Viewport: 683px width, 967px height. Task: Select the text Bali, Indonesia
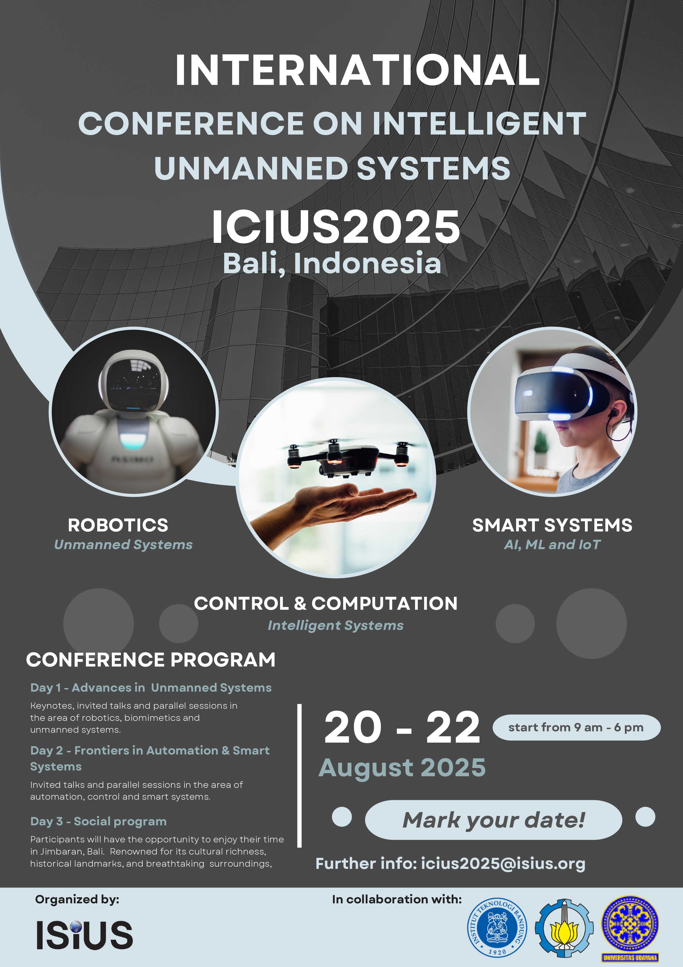pos(332,263)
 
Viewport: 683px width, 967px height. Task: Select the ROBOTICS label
pos(118,525)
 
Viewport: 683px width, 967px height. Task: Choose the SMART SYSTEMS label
pos(552,525)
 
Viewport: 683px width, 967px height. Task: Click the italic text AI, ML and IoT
pos(552,545)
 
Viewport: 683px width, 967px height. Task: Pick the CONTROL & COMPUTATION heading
pos(326,603)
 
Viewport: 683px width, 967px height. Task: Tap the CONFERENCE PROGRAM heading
pos(151,660)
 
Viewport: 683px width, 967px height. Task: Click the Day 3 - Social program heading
pos(99,821)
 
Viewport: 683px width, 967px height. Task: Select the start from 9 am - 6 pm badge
pos(576,727)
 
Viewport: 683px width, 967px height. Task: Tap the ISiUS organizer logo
pos(85,934)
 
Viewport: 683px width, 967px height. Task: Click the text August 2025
pos(402,767)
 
